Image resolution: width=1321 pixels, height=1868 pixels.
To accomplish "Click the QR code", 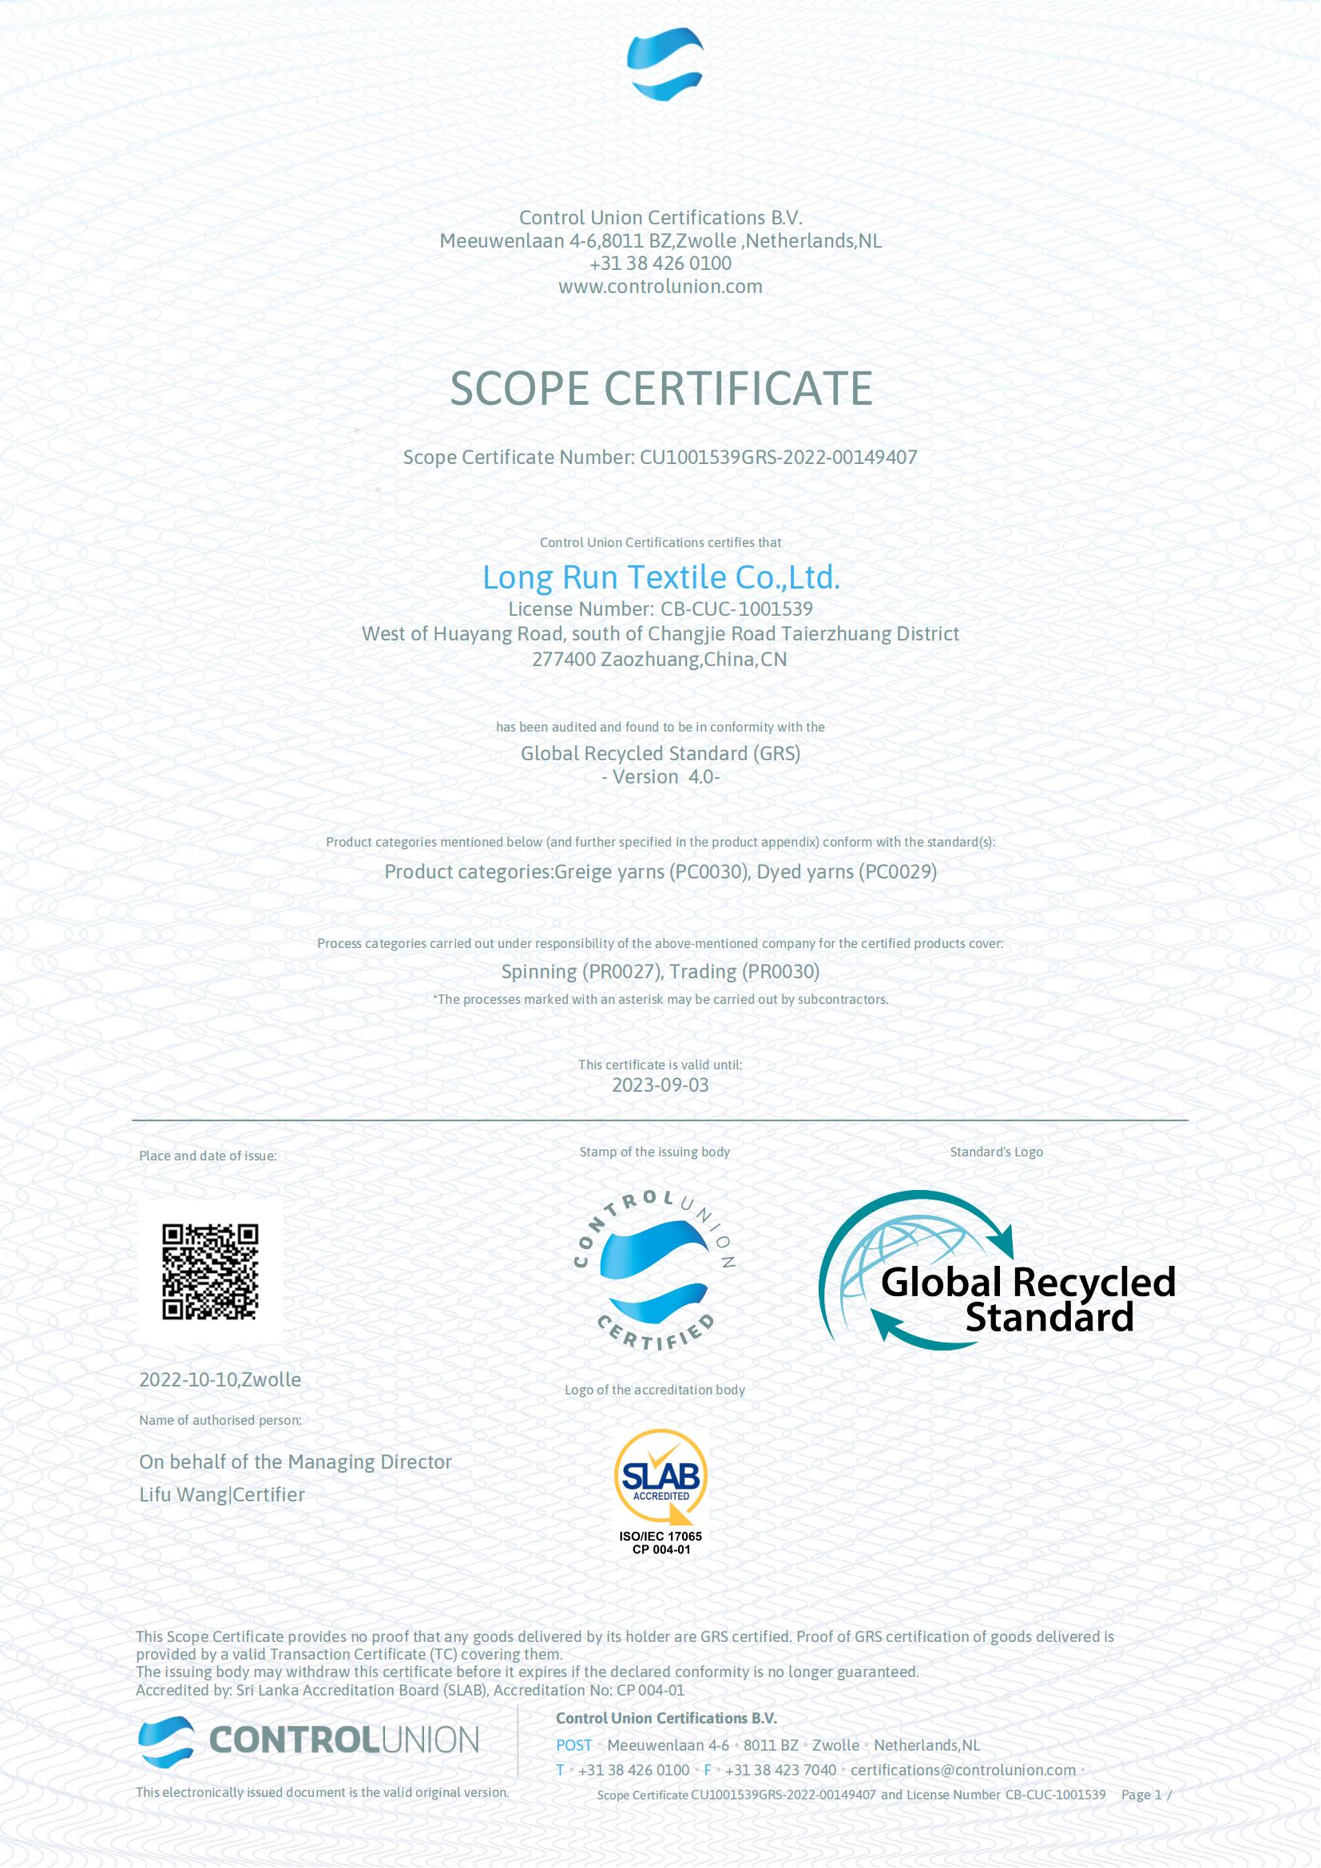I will [x=210, y=1271].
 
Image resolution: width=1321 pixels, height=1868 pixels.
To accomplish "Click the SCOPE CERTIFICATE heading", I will [x=660, y=388].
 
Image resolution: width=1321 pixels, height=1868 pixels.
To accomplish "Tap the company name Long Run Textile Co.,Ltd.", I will [x=660, y=577].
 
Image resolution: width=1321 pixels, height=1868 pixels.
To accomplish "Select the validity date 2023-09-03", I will [x=660, y=1085].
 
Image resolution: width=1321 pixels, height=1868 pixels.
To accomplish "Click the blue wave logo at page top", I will [x=664, y=63].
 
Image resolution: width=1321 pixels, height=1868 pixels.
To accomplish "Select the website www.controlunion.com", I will [x=660, y=287].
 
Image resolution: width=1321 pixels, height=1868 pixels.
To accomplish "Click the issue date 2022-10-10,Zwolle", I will [x=220, y=1379].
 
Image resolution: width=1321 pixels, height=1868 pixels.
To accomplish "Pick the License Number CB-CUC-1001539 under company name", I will [x=660, y=609].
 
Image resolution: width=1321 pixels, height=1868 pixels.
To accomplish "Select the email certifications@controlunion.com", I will [x=962, y=1770].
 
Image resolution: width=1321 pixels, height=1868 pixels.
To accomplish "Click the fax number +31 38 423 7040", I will [x=780, y=1770].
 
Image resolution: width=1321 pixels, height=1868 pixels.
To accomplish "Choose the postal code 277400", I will [x=564, y=659].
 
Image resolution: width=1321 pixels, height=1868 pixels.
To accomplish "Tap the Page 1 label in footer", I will [x=1142, y=1794].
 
